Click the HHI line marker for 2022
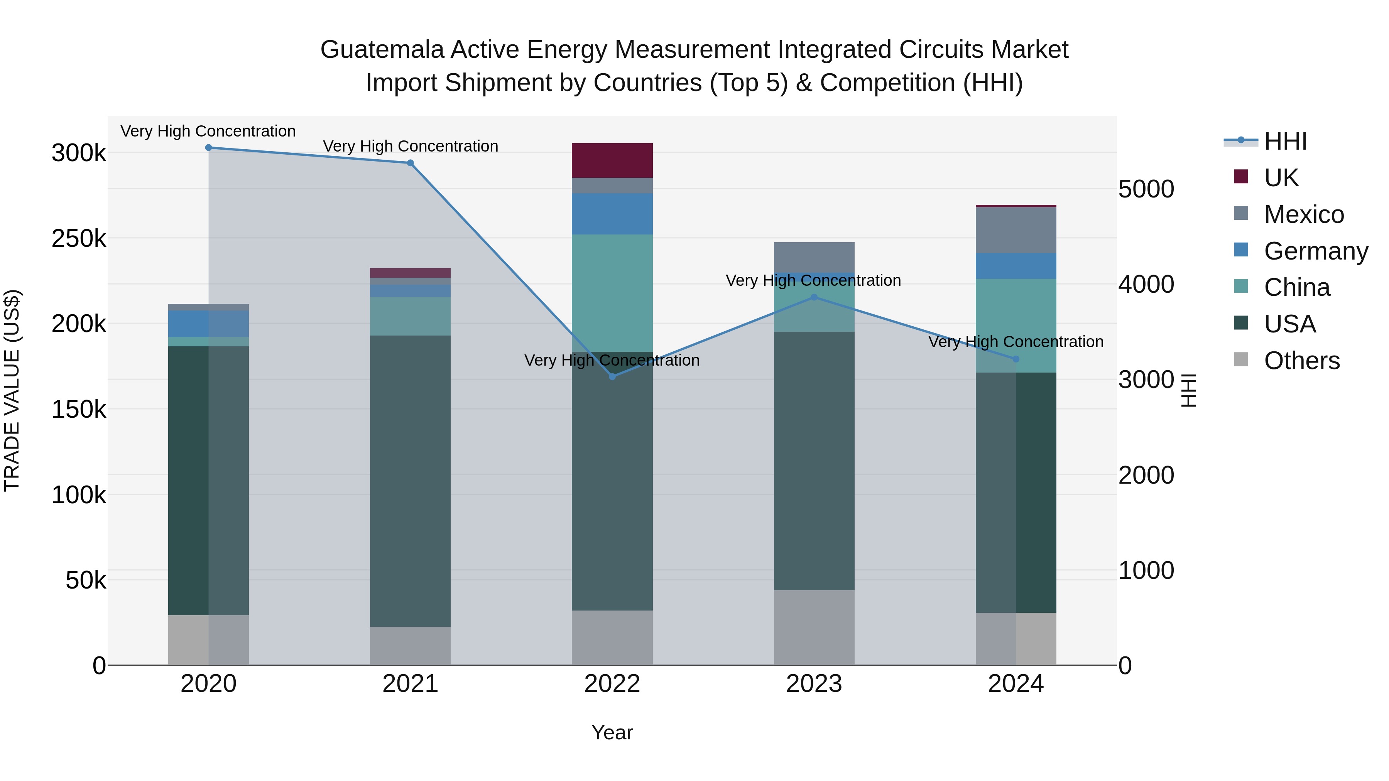click(612, 376)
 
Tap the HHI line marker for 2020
click(209, 148)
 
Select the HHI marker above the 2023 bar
click(814, 297)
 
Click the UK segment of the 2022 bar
click(612, 160)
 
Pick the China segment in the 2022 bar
click(612, 293)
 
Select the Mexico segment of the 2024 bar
click(1016, 230)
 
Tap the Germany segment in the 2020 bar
click(209, 324)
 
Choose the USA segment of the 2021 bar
click(411, 481)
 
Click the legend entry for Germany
click(1316, 251)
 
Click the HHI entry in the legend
click(1285, 141)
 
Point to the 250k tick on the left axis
click(79, 238)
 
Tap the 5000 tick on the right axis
click(1146, 189)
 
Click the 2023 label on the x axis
click(814, 684)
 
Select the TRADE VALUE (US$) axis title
click(12, 390)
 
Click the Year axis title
click(612, 732)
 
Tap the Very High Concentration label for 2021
click(411, 146)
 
